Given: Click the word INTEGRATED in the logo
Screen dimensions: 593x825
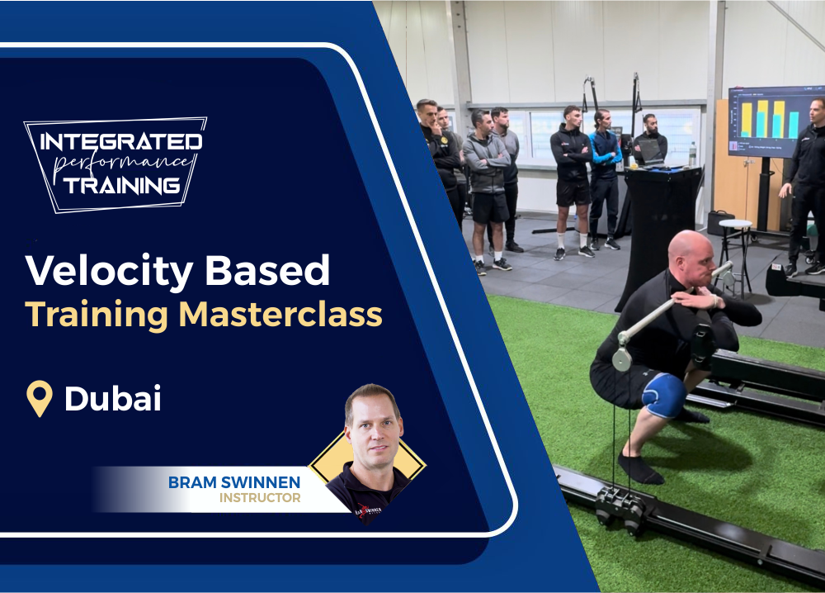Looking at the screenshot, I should coord(121,141).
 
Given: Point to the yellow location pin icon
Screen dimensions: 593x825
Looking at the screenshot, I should coord(39,398).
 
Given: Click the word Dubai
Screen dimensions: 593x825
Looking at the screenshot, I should coord(113,399).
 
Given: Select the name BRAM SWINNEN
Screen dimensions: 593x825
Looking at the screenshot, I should coord(234,482).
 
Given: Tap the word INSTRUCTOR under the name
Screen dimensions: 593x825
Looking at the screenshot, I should coord(260,498).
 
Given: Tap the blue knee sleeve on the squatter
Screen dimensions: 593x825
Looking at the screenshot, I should coord(664,395).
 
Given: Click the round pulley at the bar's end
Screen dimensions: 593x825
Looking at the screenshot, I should coord(622,359).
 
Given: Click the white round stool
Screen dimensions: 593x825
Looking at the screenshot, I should coord(736,225).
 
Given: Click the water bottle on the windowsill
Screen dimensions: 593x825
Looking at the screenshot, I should coord(692,154).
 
